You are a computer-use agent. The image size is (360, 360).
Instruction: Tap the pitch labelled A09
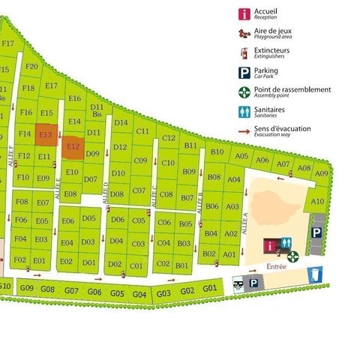click(x=322, y=173)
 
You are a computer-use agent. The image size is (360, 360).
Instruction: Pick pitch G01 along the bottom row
click(x=210, y=289)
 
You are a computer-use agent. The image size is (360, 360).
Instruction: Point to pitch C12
click(x=169, y=138)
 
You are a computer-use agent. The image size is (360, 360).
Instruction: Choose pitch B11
click(x=190, y=145)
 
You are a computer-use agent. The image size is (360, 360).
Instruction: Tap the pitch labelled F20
click(x=31, y=67)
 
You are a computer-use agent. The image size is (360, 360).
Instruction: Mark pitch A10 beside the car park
click(x=317, y=201)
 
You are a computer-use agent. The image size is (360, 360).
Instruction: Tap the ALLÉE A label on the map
click(x=244, y=225)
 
